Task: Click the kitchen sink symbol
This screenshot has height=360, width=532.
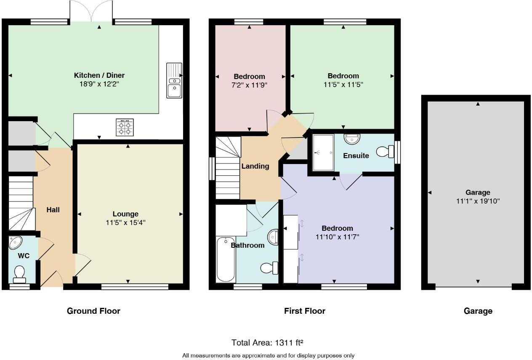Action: (174, 80)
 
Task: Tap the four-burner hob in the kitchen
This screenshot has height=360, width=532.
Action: (125, 127)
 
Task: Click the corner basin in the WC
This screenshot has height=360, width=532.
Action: (16, 242)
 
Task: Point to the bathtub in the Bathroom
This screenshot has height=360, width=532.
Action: (226, 259)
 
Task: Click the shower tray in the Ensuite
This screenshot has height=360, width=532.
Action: (323, 152)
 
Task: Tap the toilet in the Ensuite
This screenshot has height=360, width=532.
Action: (386, 151)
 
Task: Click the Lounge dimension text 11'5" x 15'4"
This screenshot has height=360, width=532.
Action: (125, 222)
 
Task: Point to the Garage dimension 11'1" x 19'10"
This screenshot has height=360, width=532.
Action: (478, 201)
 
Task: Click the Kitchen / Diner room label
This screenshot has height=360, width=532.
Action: (99, 75)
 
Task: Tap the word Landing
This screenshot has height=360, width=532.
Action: (255, 166)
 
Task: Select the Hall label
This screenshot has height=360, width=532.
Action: (53, 209)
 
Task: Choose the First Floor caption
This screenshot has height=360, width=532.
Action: (304, 311)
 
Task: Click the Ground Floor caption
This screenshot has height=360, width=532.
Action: (93, 311)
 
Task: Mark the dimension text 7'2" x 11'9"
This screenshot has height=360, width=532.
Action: (250, 85)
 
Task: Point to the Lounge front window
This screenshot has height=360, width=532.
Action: (135, 287)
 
